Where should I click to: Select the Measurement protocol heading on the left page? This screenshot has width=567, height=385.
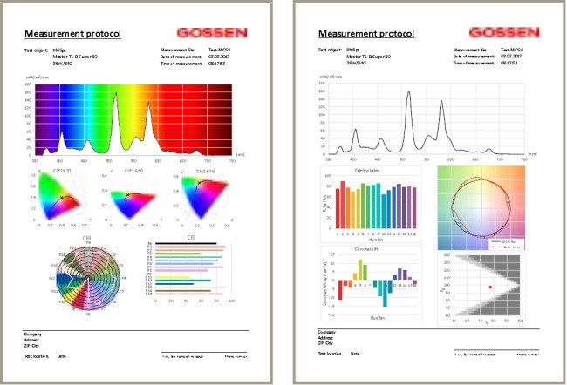click(72, 34)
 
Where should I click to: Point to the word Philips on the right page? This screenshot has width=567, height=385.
click(352, 51)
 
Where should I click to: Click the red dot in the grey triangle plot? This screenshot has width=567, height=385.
click(491, 287)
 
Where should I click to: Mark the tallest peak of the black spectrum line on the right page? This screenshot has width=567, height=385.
click(409, 92)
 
